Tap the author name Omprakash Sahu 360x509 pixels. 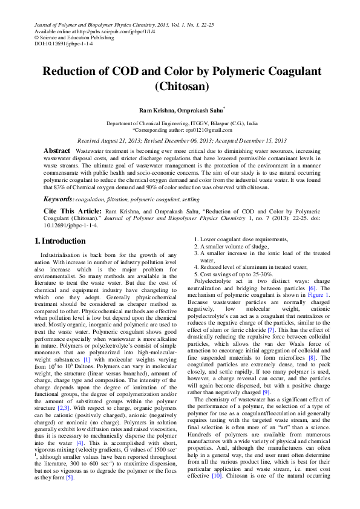click(201, 111)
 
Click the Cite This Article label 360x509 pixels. click(72, 212)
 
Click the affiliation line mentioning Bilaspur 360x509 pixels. click(182, 123)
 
